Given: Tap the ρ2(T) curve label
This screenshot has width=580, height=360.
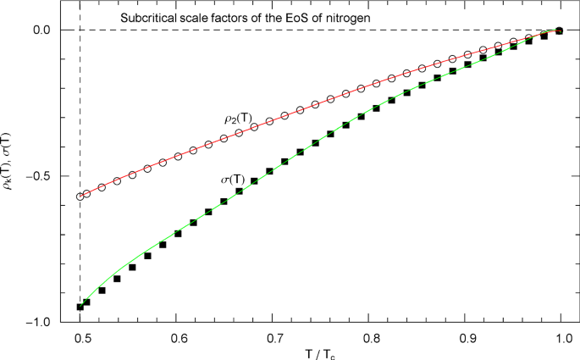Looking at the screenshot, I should [229, 120].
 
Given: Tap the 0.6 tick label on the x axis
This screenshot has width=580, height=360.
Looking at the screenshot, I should [177, 338].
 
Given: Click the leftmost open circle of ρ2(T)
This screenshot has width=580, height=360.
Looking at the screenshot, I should [80, 197].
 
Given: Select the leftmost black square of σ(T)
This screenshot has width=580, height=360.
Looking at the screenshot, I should [80, 307].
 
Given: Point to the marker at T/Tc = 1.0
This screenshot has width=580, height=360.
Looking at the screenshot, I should [560, 30].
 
